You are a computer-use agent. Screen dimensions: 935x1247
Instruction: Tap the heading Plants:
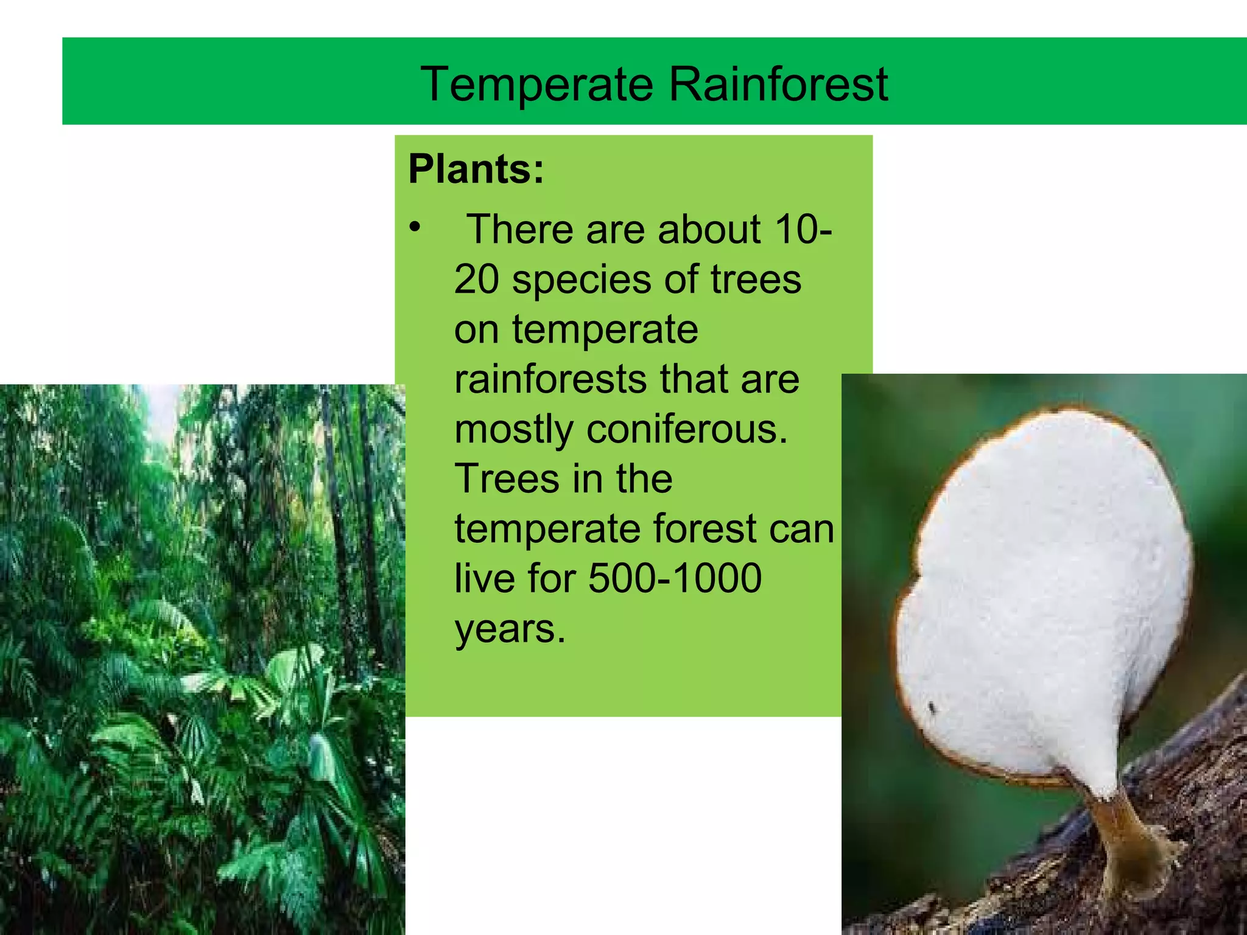coord(476,169)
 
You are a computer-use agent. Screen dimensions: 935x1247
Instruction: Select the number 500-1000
coord(675,578)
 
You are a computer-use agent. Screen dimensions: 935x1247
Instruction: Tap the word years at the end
coord(510,629)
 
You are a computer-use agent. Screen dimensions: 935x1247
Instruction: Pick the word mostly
coord(513,430)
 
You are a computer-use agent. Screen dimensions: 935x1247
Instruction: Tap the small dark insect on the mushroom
coord(932,707)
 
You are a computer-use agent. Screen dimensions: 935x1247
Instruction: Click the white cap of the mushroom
coord(1041,578)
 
